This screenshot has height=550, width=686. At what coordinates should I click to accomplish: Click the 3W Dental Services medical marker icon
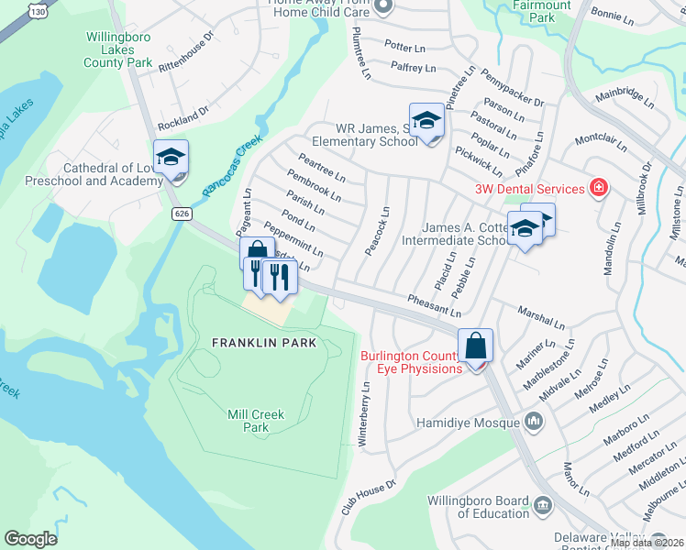pos(598,188)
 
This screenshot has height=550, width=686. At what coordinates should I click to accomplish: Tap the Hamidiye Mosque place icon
pos(534,423)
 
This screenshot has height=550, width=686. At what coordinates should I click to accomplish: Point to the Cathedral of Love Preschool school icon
pos(171,158)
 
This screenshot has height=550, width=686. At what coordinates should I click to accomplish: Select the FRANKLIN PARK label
pos(264,343)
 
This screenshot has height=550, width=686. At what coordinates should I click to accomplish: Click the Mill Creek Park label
pos(256,421)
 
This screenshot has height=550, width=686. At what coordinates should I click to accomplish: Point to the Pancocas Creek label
pos(232,166)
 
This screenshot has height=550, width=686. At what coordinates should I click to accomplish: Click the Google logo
pos(30,539)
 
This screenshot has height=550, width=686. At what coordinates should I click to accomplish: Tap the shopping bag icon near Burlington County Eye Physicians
pos(475,346)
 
